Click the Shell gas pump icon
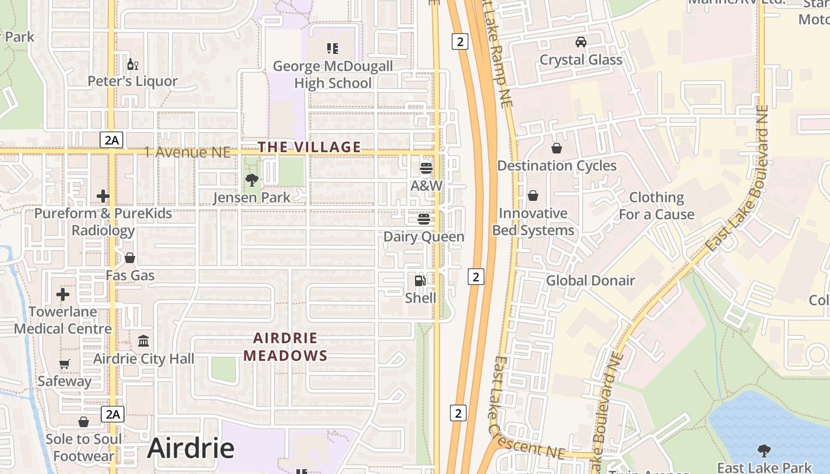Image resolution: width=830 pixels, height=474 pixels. point(420,280)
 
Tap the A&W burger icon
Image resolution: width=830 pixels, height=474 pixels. point(426,168)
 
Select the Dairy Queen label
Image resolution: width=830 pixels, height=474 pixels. point(423,237)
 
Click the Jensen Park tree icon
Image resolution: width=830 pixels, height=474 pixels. point(251,180)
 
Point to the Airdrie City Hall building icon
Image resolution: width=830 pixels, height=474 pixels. point(143,341)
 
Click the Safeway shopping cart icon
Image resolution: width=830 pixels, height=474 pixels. point(65,364)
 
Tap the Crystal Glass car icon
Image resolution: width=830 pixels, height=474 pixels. point(580,42)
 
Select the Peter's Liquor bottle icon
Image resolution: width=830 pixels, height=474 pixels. point(132,64)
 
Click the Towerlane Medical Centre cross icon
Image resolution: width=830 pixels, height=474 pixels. point(63,294)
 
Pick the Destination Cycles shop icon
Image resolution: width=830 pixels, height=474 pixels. point(556,148)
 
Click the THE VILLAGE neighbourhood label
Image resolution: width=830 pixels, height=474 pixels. point(309,147)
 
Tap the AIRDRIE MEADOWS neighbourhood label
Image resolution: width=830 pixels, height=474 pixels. point(285,347)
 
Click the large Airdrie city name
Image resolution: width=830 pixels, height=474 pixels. point(190,448)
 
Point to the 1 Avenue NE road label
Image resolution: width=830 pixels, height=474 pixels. point(187,153)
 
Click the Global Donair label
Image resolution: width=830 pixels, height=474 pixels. point(590,281)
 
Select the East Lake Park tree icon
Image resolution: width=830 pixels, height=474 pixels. point(764,451)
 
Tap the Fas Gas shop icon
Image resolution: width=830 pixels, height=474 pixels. point(130,258)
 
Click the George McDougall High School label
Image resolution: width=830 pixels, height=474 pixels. point(333,75)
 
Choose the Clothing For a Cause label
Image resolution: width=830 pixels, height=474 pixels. point(656,206)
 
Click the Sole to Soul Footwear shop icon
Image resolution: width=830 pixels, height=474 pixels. point(84,421)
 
